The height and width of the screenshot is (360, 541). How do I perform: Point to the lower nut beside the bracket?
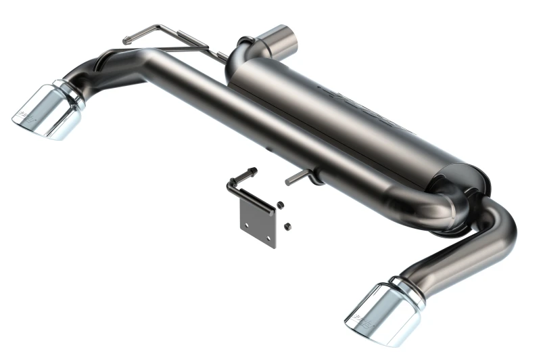tap(287, 225)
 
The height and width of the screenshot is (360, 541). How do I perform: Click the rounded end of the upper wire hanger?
tap(126, 41)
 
